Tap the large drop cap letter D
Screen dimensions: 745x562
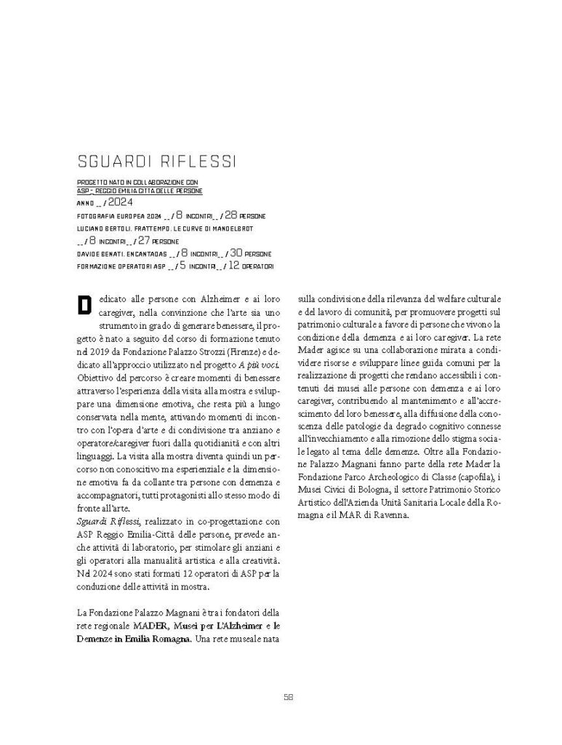coord(84,305)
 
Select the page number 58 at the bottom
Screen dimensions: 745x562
coord(288,696)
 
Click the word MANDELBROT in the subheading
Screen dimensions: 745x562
coord(231,229)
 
